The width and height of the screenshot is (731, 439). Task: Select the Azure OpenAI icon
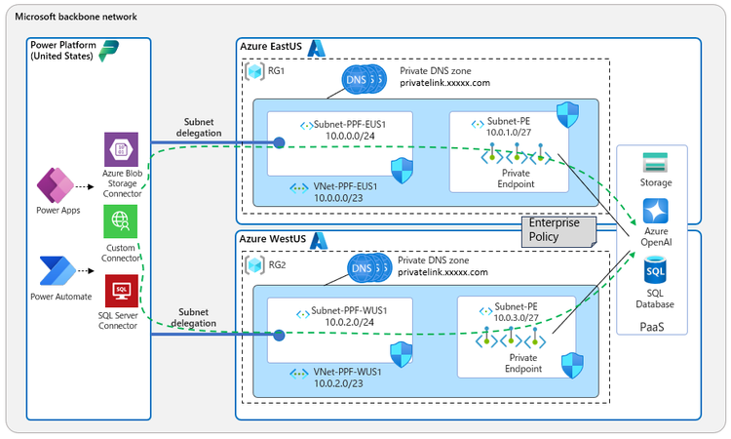tap(655, 210)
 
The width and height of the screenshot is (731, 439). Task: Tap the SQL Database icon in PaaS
tap(655, 268)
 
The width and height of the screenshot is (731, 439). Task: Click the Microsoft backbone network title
tap(76, 18)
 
